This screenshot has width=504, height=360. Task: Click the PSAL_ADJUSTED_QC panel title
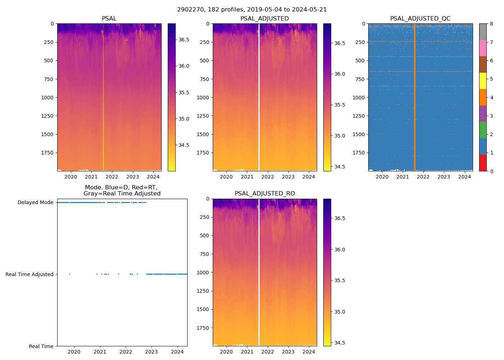point(420,18)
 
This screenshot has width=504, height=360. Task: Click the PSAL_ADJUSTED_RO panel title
point(265,194)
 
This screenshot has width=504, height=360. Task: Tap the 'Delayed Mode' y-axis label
point(35,202)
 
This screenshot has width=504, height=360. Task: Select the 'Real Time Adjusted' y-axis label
point(30,274)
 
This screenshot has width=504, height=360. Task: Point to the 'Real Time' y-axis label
point(41,346)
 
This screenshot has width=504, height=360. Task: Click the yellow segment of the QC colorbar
point(483,81)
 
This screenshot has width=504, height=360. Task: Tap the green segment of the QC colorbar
point(483,130)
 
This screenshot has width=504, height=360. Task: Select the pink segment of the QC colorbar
point(483,48)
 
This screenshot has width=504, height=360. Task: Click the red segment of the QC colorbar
point(483,163)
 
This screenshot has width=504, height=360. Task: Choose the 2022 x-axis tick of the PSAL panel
point(112,176)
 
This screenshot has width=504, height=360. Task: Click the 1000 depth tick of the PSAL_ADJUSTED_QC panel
point(360,98)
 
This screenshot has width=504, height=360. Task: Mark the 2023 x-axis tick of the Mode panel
point(152,352)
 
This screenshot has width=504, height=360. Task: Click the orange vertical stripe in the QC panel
point(414,97)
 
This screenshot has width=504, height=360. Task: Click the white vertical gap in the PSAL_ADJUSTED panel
point(259,97)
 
